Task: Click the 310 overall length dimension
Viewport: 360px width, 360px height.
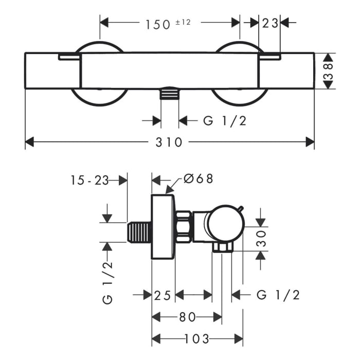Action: (x=169, y=142)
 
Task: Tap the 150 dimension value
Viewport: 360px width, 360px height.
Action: (x=158, y=25)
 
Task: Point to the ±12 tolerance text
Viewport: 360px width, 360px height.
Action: (x=183, y=22)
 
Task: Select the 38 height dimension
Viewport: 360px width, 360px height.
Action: (x=329, y=71)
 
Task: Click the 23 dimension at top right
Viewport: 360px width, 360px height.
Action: (x=270, y=23)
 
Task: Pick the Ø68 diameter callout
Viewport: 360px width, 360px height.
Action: (x=199, y=178)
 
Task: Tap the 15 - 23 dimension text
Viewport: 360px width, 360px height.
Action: (x=89, y=180)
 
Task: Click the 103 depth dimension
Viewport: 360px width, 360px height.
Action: (x=197, y=339)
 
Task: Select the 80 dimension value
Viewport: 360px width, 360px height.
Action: (x=187, y=317)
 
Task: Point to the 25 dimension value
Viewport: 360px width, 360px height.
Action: (x=163, y=296)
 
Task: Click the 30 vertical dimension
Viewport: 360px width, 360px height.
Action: (x=261, y=239)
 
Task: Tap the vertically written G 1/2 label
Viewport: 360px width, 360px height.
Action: (x=107, y=283)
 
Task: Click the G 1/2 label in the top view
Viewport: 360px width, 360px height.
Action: (x=225, y=121)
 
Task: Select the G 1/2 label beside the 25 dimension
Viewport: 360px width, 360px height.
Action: (x=278, y=295)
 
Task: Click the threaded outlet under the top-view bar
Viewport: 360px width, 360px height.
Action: (x=169, y=93)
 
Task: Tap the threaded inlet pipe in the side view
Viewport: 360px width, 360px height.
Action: (x=139, y=232)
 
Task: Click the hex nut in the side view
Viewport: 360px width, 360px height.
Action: (x=184, y=227)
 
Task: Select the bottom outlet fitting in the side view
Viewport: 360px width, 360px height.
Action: (x=222, y=248)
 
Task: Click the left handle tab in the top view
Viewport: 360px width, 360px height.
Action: (x=69, y=57)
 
